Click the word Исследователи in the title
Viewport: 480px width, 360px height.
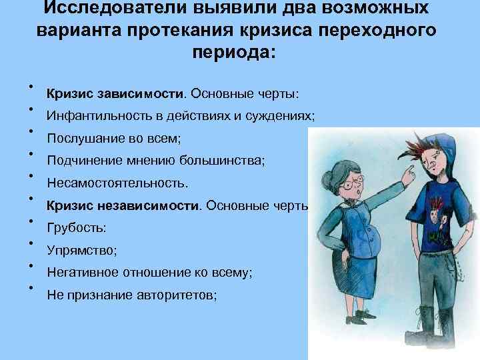point(115,7)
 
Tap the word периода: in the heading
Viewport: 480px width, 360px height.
point(234,53)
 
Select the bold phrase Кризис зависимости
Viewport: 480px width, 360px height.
point(115,93)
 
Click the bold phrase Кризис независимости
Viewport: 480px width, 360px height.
point(123,205)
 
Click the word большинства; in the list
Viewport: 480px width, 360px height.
point(222,160)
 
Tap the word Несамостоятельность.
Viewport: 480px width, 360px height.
point(117,183)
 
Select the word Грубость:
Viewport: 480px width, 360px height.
point(77,228)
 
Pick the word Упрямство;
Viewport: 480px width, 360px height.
point(82,251)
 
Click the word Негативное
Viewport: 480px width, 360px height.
point(83,272)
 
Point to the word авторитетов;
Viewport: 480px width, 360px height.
point(177,295)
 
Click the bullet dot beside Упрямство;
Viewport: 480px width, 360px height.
point(31,243)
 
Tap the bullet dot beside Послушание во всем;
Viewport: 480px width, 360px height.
point(31,131)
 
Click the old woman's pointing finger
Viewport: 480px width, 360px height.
point(409,171)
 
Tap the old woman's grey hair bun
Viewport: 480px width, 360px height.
point(327,180)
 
